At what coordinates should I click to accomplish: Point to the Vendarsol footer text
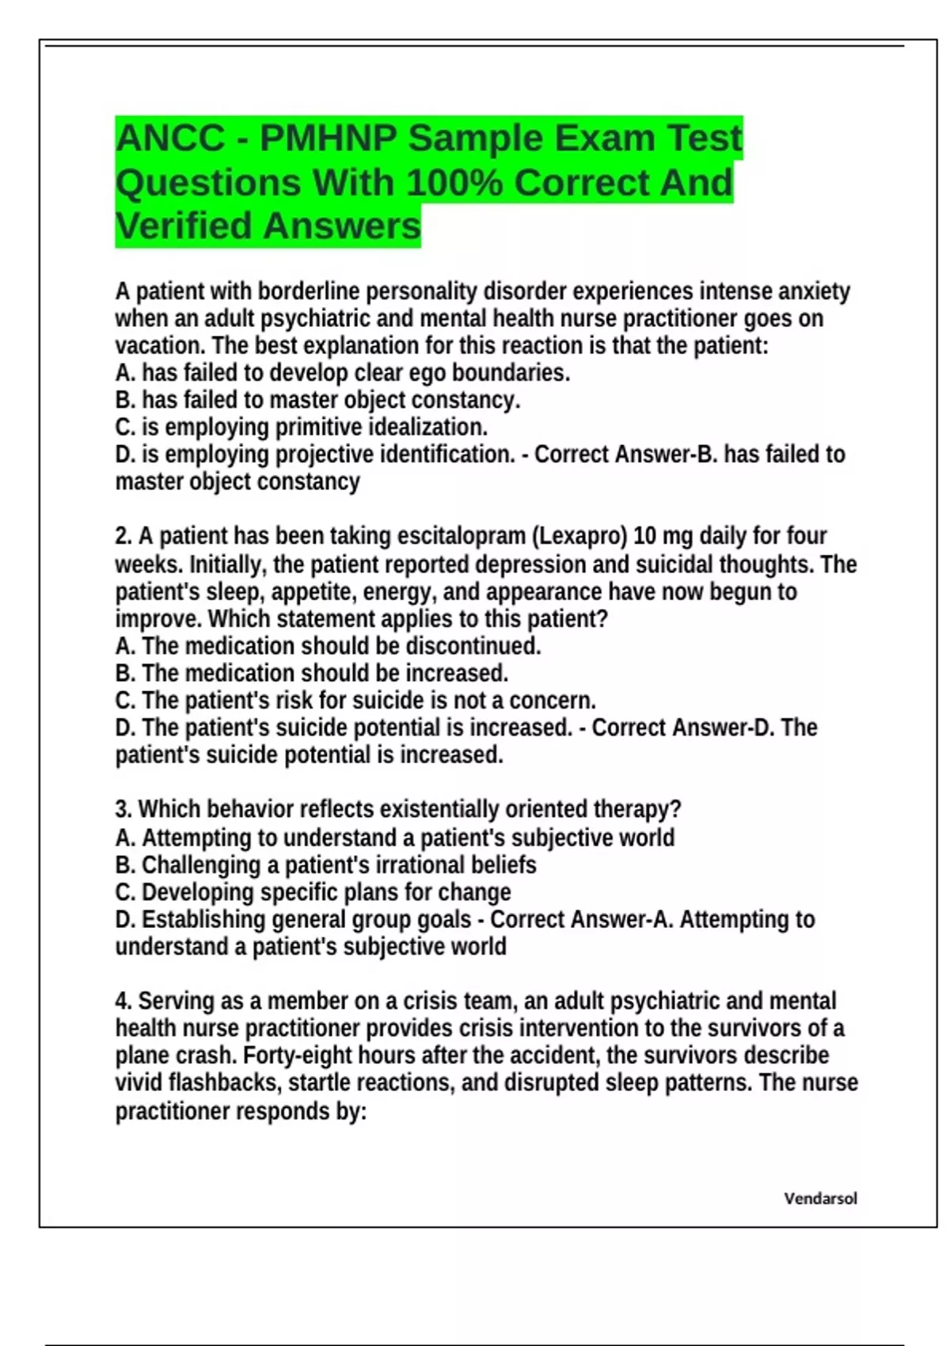point(820,1199)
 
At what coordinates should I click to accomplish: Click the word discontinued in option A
point(473,646)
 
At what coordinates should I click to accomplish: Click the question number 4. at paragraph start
point(123,1002)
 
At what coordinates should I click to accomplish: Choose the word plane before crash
point(143,1056)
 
